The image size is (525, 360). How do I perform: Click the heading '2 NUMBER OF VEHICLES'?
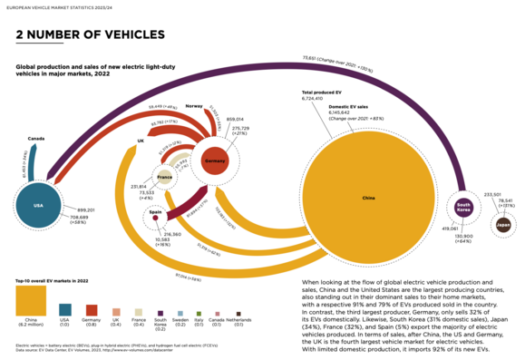coord(91,35)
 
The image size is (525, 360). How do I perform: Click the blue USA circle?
coord(38,205)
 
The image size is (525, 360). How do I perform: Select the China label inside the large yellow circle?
coord(367,197)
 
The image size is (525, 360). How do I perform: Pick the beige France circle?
coord(164,178)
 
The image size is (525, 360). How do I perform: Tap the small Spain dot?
coord(155,217)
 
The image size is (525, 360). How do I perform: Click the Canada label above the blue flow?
coord(36,139)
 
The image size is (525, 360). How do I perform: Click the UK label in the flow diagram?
coord(141,141)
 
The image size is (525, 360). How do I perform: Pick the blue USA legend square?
coord(65,306)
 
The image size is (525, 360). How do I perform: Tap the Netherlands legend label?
coord(238,322)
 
